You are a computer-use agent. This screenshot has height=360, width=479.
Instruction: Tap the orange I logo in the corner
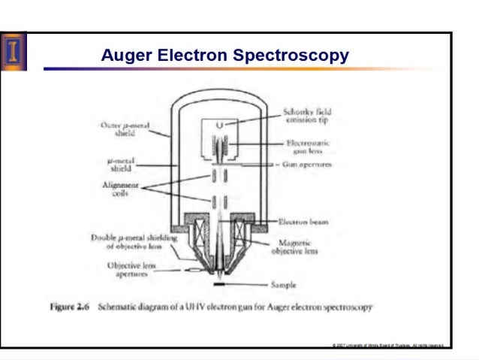pos(14,50)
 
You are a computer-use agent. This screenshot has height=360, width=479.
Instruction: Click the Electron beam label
pos(303,222)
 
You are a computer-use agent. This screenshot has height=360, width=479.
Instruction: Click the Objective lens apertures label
pos(132,270)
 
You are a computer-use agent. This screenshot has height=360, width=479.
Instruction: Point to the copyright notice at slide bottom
pos(388,345)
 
